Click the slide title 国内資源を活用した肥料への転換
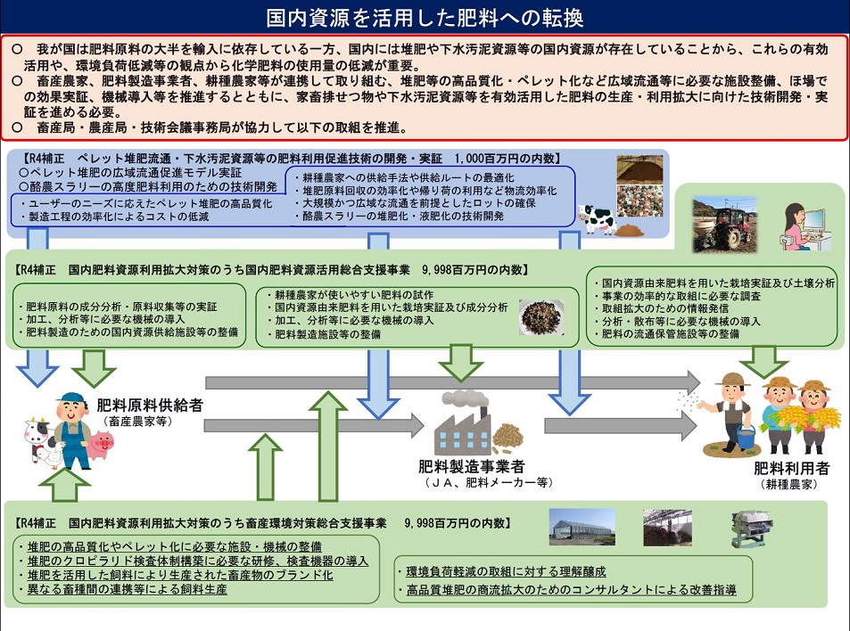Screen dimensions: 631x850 (x=425, y=17)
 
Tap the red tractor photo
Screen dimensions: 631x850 (x=725, y=223)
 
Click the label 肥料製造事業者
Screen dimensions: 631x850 (x=471, y=466)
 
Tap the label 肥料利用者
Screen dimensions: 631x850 (x=791, y=468)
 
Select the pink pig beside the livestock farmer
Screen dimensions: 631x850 (x=103, y=443)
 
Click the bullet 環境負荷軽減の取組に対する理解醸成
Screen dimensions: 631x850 (x=506, y=571)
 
